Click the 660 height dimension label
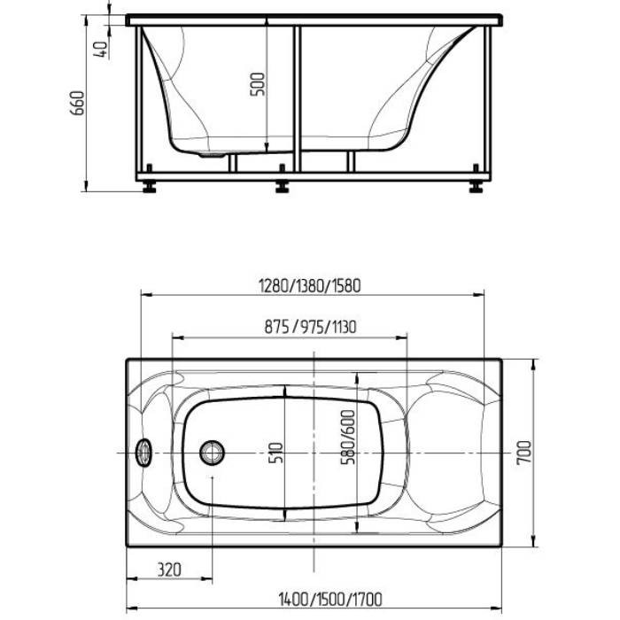(78, 103)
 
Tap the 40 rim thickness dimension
(101, 50)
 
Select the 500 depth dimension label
(258, 84)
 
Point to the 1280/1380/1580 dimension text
(310, 286)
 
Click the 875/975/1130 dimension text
(310, 327)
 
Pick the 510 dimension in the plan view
(276, 453)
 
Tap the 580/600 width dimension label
(348, 437)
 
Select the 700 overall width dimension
(524, 453)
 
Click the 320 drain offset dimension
(170, 570)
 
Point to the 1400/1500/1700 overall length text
(330, 600)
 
